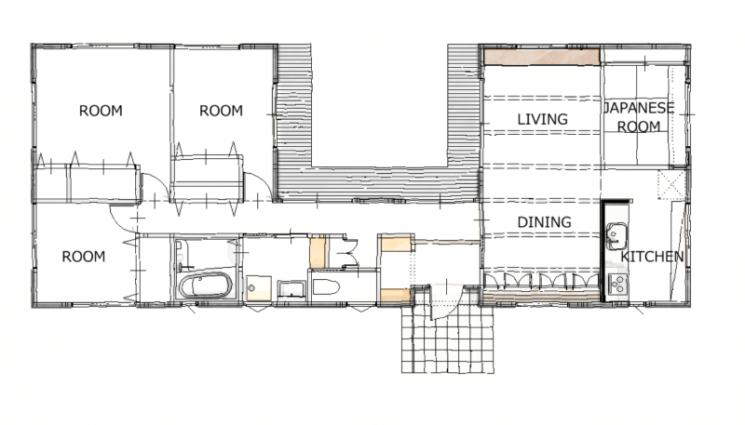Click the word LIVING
pyautogui.click(x=542, y=119)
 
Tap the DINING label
pyautogui.click(x=544, y=222)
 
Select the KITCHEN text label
pyautogui.click(x=652, y=257)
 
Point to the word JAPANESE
pyautogui.click(x=639, y=108)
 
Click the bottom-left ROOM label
pyautogui.click(x=83, y=257)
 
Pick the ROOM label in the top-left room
pyautogui.click(x=101, y=111)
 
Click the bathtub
pyautogui.click(x=205, y=286)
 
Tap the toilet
pyautogui.click(x=326, y=287)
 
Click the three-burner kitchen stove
pyautogui.click(x=617, y=285)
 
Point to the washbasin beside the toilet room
pyautogui.click(x=291, y=289)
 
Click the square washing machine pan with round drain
pyautogui.click(x=259, y=288)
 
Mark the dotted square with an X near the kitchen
pyautogui.click(x=671, y=184)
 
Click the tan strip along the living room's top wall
pyautogui.click(x=541, y=57)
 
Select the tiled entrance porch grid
pyautogui.click(x=448, y=338)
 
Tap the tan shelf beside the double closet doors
pyautogui.click(x=318, y=252)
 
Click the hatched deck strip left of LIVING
pyautogui.click(x=463, y=106)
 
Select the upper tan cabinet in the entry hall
pyautogui.click(x=395, y=244)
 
